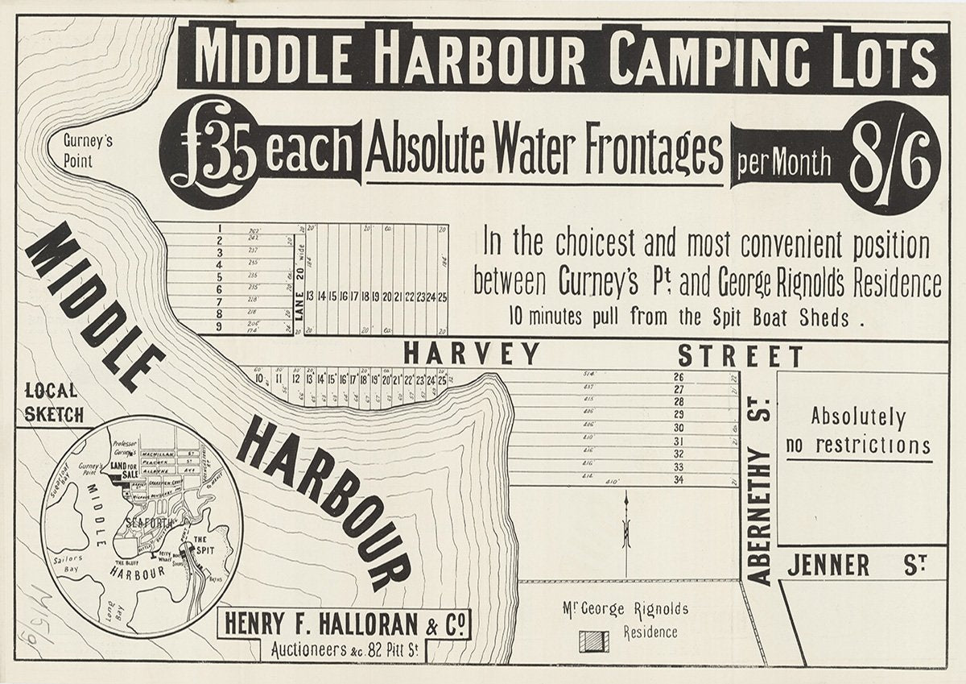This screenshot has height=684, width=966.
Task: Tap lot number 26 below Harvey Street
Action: coord(678,377)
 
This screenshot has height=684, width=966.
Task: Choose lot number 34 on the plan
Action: coord(678,479)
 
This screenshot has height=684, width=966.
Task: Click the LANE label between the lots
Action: coord(299,305)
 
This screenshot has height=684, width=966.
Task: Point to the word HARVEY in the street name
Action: coord(472,354)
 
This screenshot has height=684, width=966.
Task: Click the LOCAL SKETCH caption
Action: coord(54,403)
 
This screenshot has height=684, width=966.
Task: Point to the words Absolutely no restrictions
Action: coord(858,431)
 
